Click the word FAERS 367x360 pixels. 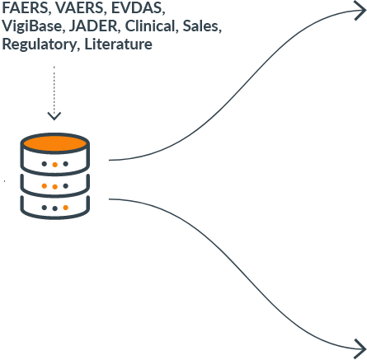pyautogui.click(x=26, y=8)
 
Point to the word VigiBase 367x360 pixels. pyautogui.click(x=33, y=26)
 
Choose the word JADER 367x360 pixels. pyautogui.click(x=93, y=26)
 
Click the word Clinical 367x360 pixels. pyautogui.click(x=150, y=26)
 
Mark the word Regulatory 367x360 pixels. pyautogui.click(x=40, y=44)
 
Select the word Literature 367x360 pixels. pyautogui.click(x=118, y=44)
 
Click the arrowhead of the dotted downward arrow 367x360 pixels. pyautogui.click(x=54, y=116)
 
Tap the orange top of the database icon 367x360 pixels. pyautogui.click(x=54, y=143)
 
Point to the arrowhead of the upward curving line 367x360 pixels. pyautogui.click(x=360, y=11)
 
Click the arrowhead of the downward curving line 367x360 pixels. pyautogui.click(x=360, y=348)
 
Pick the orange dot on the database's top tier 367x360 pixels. pyautogui.click(x=54, y=165)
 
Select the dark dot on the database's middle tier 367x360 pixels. pyautogui.click(x=65, y=186)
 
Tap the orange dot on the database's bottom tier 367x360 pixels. pyautogui.click(x=65, y=208)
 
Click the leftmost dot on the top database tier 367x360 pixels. pyautogui.click(x=44, y=164)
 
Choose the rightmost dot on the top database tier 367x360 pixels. pyautogui.click(x=65, y=164)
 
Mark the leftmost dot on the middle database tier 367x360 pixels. pyautogui.click(x=44, y=186)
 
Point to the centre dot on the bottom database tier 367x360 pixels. pyautogui.click(x=54, y=208)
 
